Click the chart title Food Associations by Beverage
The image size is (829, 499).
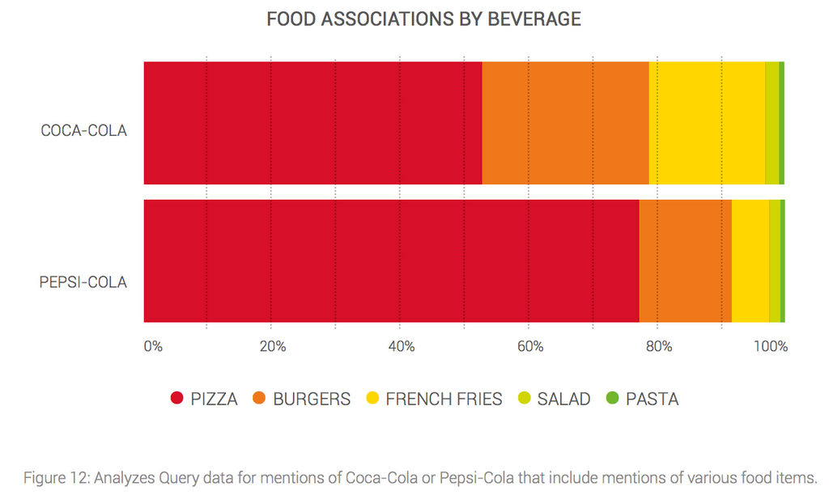point(423,19)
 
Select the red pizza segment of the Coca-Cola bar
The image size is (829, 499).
point(312,123)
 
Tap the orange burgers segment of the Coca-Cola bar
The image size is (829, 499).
point(565,123)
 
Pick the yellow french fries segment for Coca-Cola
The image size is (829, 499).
point(707,123)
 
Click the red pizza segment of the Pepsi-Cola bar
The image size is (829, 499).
point(391,261)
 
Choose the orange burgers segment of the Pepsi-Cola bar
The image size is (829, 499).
point(685,261)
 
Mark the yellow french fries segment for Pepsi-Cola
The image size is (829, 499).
point(750,261)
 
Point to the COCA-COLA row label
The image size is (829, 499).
point(83,130)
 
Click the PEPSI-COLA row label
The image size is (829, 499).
point(83,282)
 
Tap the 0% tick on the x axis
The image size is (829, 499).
point(153,347)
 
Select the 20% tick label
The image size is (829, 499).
point(273,347)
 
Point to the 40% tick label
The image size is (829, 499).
point(402,347)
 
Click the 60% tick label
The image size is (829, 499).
point(530,347)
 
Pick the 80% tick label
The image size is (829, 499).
point(659,347)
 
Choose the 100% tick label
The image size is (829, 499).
point(771,347)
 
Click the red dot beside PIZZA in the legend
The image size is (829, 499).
point(176,398)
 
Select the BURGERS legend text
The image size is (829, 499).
point(312,399)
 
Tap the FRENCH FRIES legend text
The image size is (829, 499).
point(444,399)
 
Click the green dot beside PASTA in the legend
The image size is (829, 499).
point(612,398)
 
